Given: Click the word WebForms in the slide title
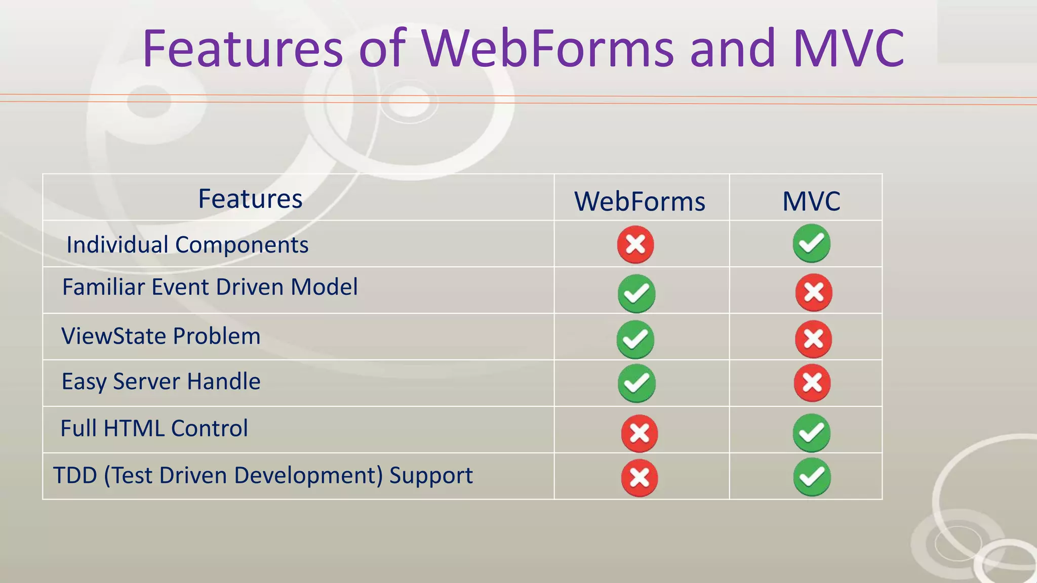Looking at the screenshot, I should point(548,49).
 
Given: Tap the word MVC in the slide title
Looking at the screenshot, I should point(849,49).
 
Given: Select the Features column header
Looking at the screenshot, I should point(250,198).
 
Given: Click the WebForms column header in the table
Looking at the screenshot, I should point(640,201).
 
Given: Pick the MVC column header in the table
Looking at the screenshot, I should point(811,201).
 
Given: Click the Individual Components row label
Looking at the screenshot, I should point(187,245).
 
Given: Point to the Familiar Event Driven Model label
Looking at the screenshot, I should point(210,287).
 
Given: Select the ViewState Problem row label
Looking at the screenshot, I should point(161,336).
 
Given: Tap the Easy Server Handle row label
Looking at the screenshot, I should point(161,382).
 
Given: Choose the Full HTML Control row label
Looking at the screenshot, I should point(154,428).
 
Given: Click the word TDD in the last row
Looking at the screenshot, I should point(75,475).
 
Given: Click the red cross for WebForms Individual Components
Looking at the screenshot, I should point(635,245).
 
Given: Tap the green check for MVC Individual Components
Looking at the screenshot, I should point(811,243).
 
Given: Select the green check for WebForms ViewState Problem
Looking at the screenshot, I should point(635,339).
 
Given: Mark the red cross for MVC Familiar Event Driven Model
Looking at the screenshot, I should point(814,293).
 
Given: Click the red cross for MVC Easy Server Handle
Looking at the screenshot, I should point(812,383).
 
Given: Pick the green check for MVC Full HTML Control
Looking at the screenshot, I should point(811,433).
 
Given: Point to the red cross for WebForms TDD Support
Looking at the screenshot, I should point(640,478).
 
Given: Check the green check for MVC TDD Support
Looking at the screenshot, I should point(812,477).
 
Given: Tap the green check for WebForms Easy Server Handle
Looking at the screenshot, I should point(636,384).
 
